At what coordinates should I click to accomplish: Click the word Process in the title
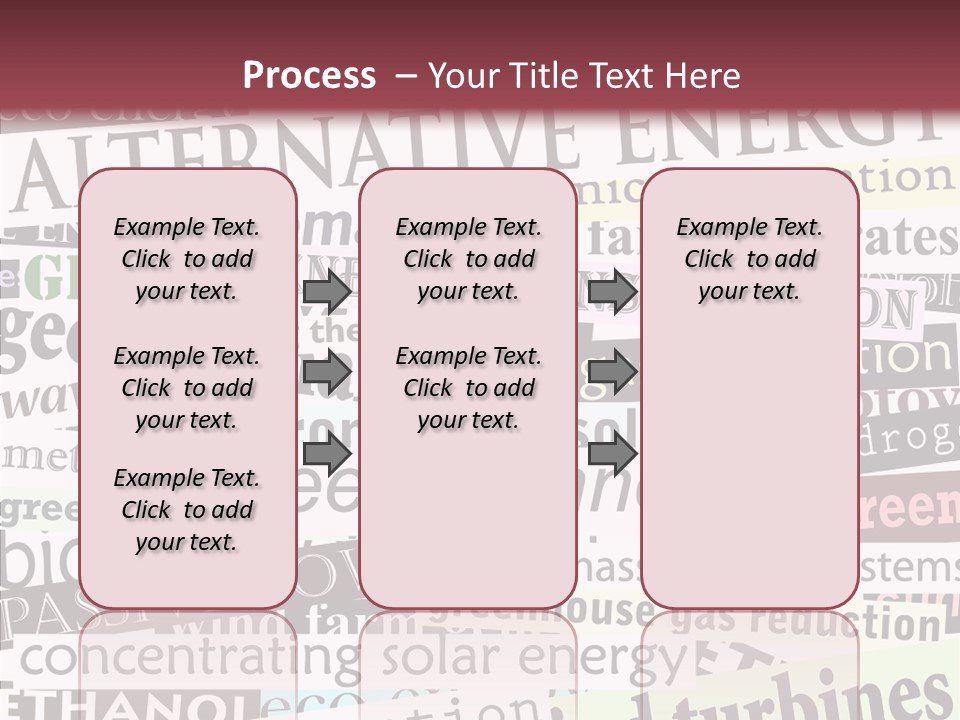309,76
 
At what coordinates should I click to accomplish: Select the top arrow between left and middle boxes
327,292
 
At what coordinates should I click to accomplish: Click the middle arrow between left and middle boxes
327,373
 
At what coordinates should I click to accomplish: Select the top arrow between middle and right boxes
612,292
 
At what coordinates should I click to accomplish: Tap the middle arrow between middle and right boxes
612,373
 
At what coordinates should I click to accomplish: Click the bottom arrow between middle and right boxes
612,454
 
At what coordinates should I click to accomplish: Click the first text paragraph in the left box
187,259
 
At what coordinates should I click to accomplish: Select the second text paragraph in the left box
187,388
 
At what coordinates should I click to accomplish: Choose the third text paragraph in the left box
187,510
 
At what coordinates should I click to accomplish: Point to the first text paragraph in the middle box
469,259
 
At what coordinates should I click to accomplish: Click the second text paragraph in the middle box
469,388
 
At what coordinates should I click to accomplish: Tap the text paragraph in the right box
750,259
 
